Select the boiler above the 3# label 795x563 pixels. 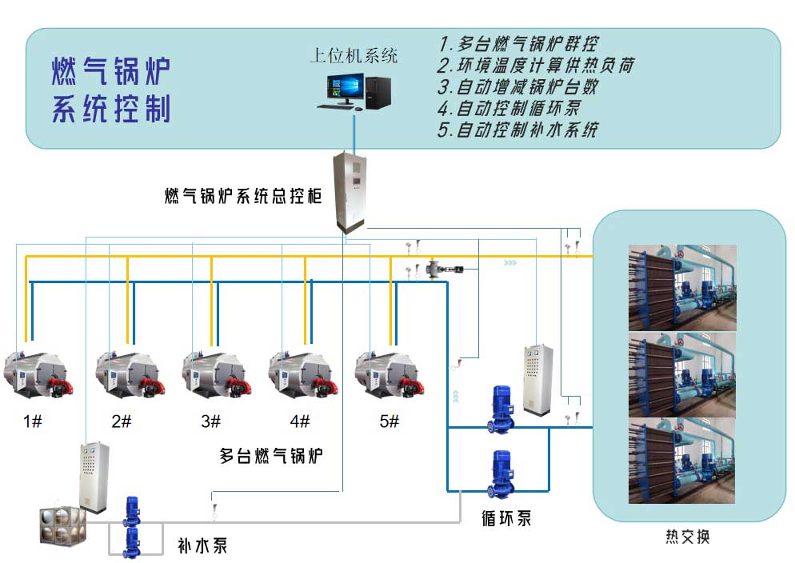(x=213, y=373)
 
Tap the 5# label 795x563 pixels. (x=389, y=421)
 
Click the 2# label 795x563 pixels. (x=122, y=421)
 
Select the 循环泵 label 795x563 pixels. (x=506, y=517)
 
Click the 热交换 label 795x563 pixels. (x=687, y=537)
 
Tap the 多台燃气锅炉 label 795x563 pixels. (x=271, y=457)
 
